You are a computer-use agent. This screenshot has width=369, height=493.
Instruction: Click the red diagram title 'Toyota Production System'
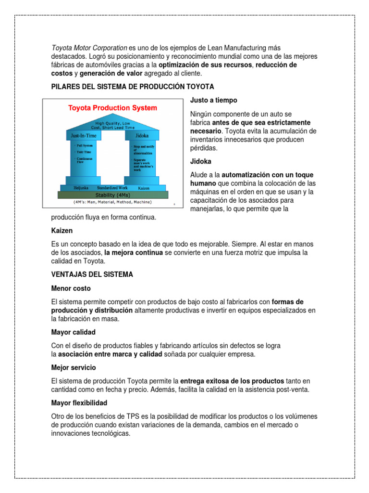coord(112,108)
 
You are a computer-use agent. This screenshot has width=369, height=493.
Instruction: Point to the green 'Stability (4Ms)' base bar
coord(113,195)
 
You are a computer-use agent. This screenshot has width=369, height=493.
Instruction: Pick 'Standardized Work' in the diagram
coord(112,187)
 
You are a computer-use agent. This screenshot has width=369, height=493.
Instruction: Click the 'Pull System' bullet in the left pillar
coord(85,144)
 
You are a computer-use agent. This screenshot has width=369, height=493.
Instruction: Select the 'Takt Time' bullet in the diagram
coord(84,151)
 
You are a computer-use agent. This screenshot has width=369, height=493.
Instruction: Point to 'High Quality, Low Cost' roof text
coord(113,125)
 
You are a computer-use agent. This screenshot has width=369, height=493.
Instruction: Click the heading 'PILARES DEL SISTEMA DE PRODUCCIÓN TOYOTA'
coord(132,86)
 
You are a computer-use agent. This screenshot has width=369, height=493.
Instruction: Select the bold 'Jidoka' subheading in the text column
coord(201,161)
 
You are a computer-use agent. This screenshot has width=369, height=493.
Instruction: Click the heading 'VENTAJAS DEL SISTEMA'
coord(92,274)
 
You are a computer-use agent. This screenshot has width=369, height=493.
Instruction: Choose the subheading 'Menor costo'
coord(71,288)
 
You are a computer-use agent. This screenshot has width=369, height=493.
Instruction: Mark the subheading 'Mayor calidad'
coord(73,332)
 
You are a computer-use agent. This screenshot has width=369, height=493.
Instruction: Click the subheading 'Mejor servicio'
coord(74,367)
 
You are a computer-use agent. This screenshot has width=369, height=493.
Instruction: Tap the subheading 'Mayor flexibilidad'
coord(79,402)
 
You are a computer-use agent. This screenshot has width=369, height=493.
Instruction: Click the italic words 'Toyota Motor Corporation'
coord(89,48)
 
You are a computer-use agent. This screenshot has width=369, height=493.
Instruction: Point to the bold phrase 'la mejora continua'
coord(134,252)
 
